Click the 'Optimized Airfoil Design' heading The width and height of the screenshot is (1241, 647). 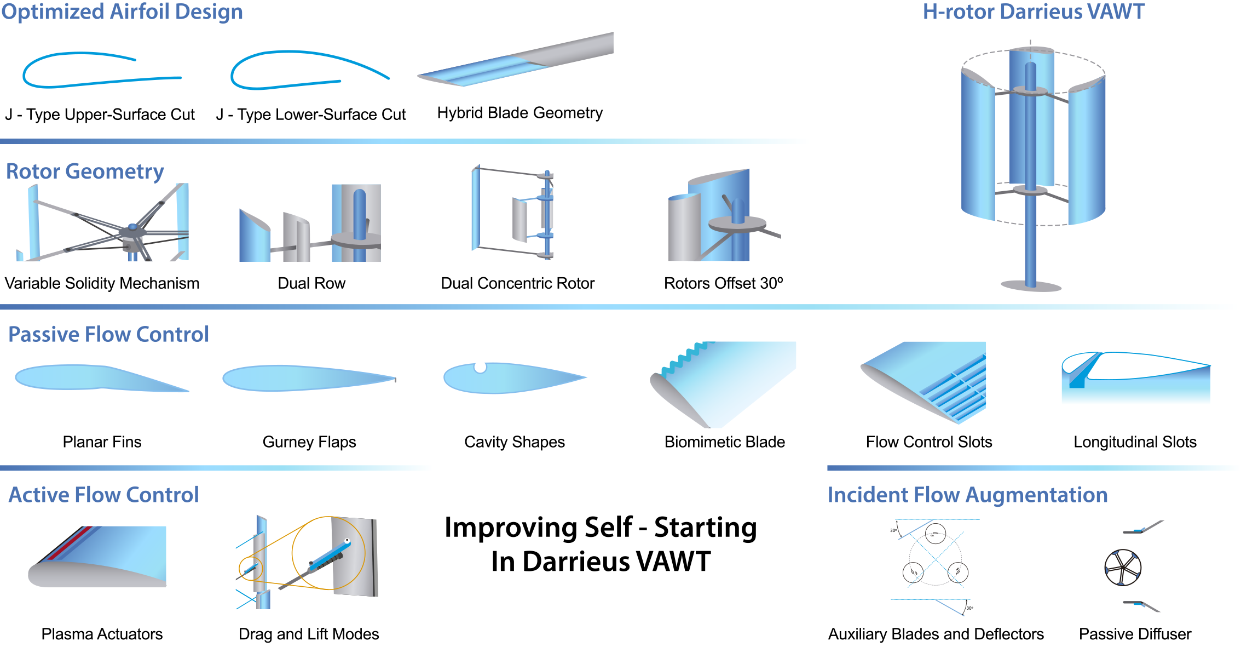pos(122,12)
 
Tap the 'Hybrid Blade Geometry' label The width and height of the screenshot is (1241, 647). pos(520,113)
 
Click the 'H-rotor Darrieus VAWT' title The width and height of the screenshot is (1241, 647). pos(1033,12)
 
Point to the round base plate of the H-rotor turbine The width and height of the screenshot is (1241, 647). pos(1031,285)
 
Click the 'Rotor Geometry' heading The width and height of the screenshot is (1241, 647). pos(85,171)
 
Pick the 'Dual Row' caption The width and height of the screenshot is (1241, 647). pos(311,283)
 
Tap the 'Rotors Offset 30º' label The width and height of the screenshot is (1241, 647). pos(723,283)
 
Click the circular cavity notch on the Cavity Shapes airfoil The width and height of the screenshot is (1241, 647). pos(480,367)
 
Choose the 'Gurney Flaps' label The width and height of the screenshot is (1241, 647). pos(309,442)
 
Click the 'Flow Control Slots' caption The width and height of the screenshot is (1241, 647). pos(929,442)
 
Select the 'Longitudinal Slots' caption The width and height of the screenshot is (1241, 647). pos(1135,442)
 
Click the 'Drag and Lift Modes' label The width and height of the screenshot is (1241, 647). pos(309,634)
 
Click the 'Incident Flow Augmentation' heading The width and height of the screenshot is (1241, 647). pos(967,495)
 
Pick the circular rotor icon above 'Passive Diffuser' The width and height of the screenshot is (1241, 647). pos(1123,568)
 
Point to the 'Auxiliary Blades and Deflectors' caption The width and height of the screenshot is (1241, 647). pos(936,634)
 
